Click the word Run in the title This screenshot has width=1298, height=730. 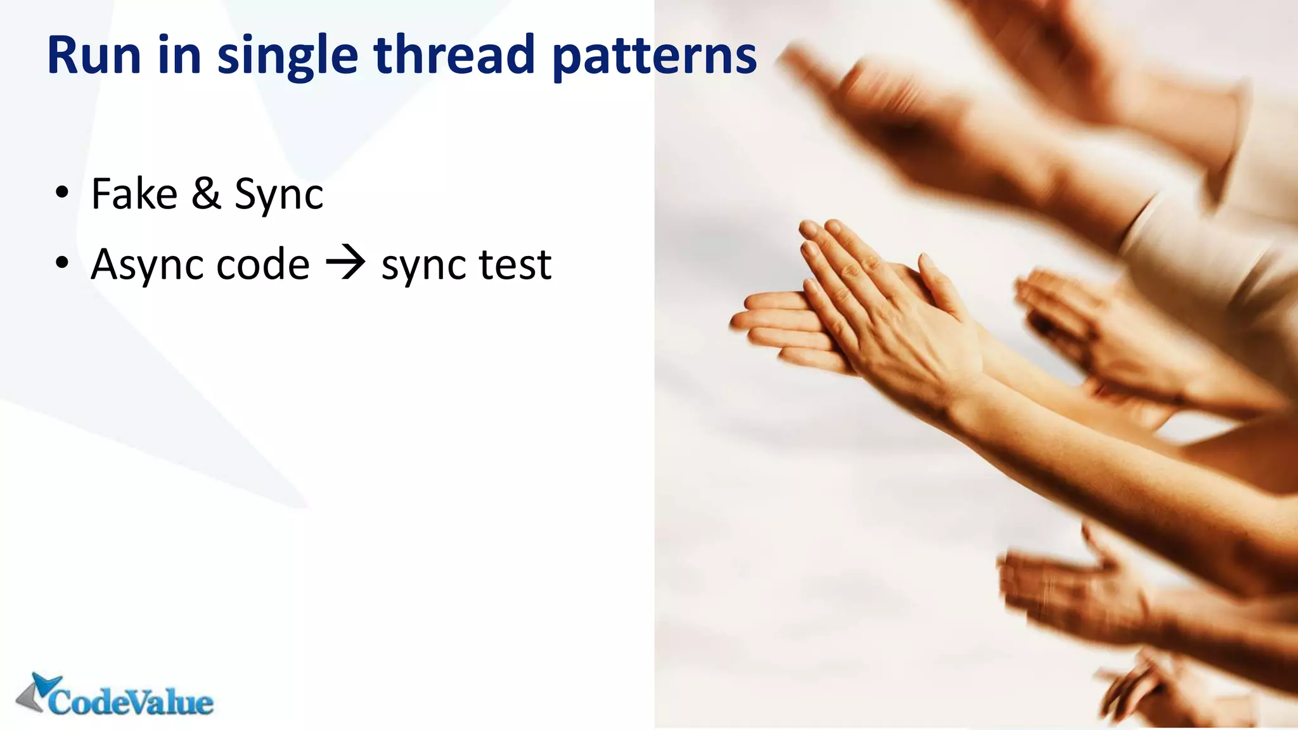(93, 56)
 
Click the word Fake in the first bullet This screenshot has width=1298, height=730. (134, 194)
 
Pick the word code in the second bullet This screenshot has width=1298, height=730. (262, 265)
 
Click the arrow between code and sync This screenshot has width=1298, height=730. (345, 264)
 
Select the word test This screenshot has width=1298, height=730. (515, 265)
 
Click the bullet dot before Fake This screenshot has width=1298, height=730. (61, 193)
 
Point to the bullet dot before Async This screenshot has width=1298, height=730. (61, 262)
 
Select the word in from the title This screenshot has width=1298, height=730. (179, 56)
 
